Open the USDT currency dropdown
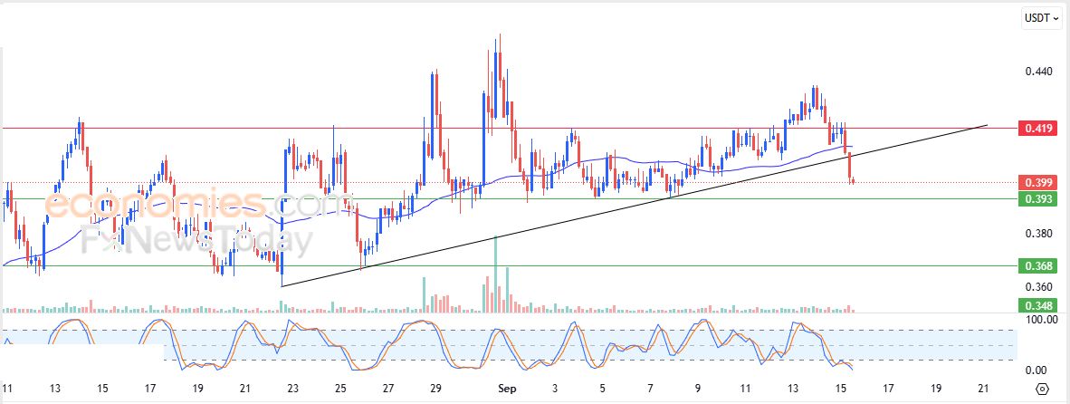[1042, 18]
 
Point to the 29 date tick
[435, 389]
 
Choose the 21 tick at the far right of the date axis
[982, 389]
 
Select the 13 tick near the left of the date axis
[55, 389]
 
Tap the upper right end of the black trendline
[985, 125]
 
